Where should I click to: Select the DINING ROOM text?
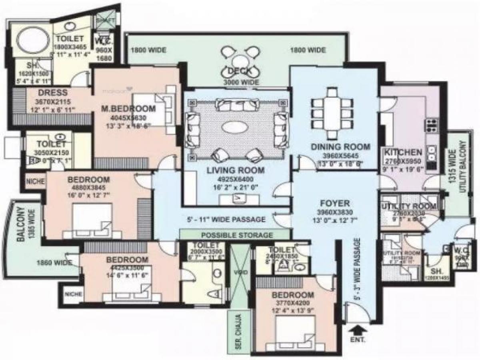pyautogui.click(x=340, y=147)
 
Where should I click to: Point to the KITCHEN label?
pyautogui.click(x=403, y=152)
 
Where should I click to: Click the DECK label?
pyautogui.click(x=239, y=72)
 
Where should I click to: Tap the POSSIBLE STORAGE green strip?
pyautogui.click(x=236, y=235)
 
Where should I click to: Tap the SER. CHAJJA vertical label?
pyautogui.click(x=236, y=330)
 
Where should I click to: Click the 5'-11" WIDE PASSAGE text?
pyautogui.click(x=226, y=220)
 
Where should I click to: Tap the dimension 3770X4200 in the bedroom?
pyautogui.click(x=293, y=303)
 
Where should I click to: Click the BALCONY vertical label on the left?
pyautogui.click(x=21, y=224)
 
